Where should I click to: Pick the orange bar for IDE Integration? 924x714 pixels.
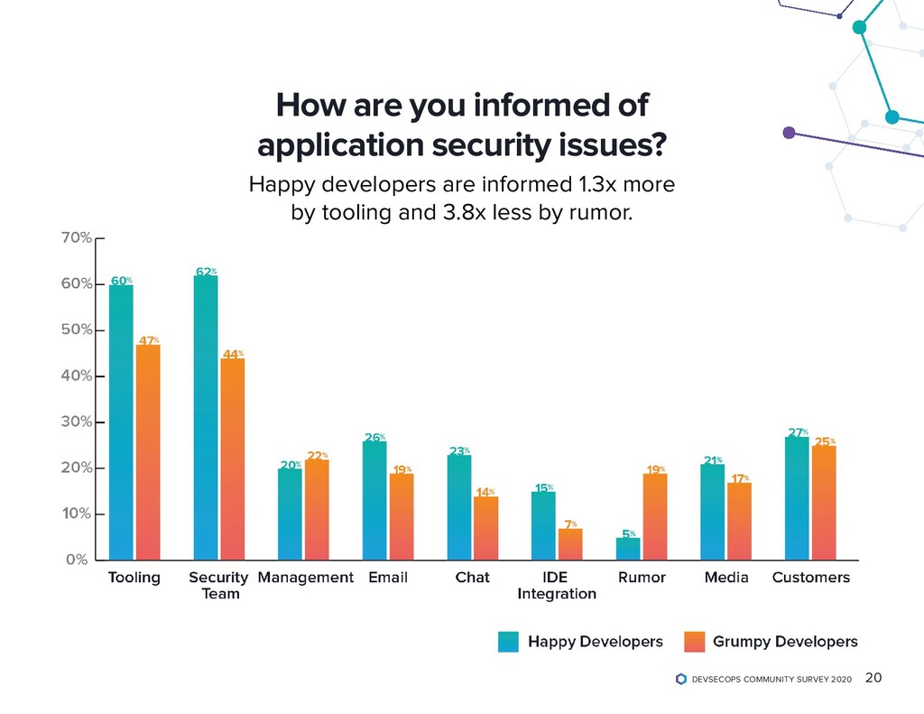(x=570, y=543)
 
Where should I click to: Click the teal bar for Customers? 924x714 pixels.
(x=797, y=497)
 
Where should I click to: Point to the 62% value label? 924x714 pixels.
(x=206, y=271)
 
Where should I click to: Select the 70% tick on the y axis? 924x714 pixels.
(x=78, y=238)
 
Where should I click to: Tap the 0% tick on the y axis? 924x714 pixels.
(x=78, y=560)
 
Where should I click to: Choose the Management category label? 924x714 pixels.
(x=306, y=578)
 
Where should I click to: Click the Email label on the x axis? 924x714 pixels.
(x=388, y=578)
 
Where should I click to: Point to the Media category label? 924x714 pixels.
(x=726, y=578)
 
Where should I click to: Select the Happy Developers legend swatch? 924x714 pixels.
(x=509, y=642)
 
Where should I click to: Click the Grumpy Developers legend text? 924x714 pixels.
(x=785, y=642)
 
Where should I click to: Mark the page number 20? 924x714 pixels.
(x=873, y=678)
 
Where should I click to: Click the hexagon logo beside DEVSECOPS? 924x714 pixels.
(x=680, y=679)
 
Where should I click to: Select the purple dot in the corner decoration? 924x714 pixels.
(x=789, y=133)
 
